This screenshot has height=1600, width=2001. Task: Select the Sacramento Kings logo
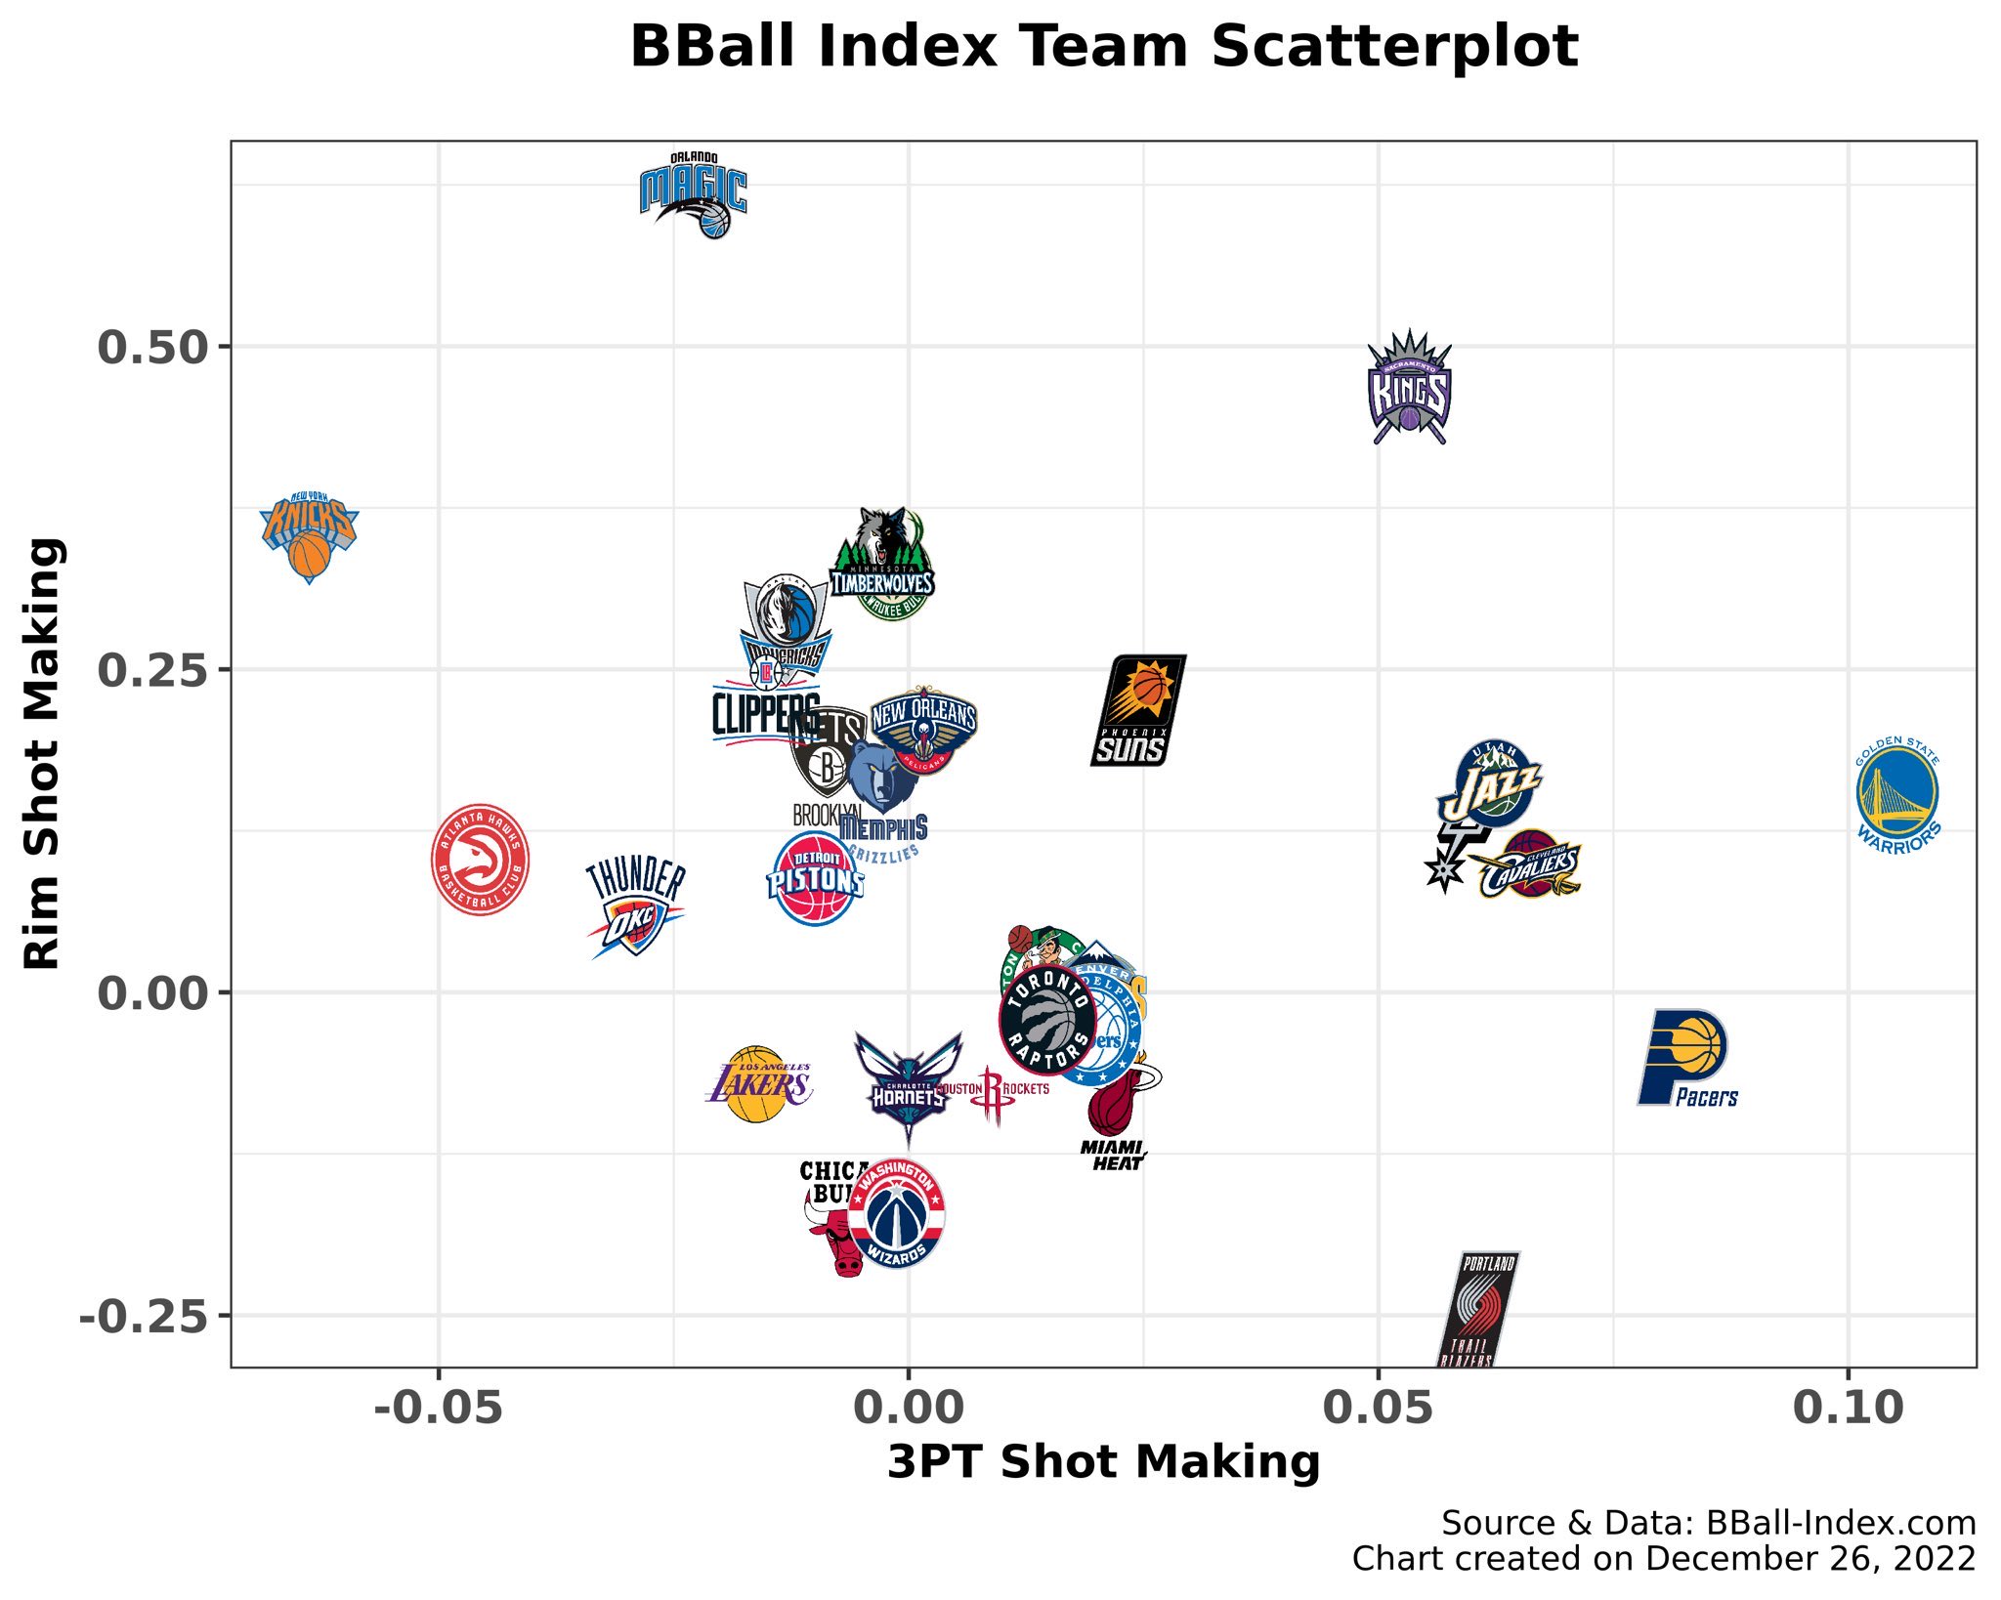(x=1409, y=388)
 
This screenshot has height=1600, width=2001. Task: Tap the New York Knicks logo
(x=309, y=536)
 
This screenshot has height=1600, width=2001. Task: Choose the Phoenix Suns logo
(x=1138, y=710)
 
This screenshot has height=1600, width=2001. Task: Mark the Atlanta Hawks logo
(x=481, y=860)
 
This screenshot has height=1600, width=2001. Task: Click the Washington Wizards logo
(x=896, y=1214)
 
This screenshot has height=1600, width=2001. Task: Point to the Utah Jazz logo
(x=1491, y=784)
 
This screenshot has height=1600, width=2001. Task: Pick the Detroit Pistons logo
(x=815, y=879)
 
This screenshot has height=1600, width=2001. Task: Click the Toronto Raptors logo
(x=1047, y=1020)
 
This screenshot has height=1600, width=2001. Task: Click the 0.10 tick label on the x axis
(x=1848, y=1408)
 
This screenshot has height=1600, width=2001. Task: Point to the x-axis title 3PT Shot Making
(x=1103, y=1462)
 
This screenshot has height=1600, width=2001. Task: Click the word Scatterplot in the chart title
(x=1394, y=46)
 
